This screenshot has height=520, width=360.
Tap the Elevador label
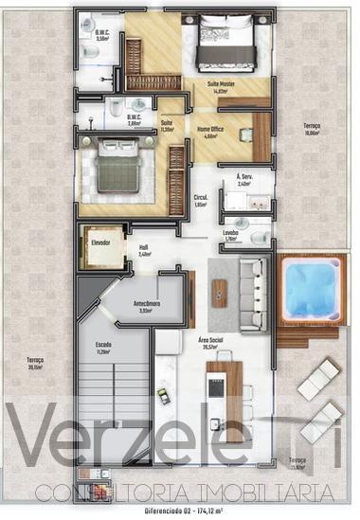(100, 242)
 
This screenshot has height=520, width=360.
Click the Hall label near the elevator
(144, 248)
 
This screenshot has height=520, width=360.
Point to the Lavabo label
(230, 232)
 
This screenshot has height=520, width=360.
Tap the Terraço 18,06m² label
(312, 129)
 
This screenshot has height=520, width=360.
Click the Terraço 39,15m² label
(35, 363)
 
